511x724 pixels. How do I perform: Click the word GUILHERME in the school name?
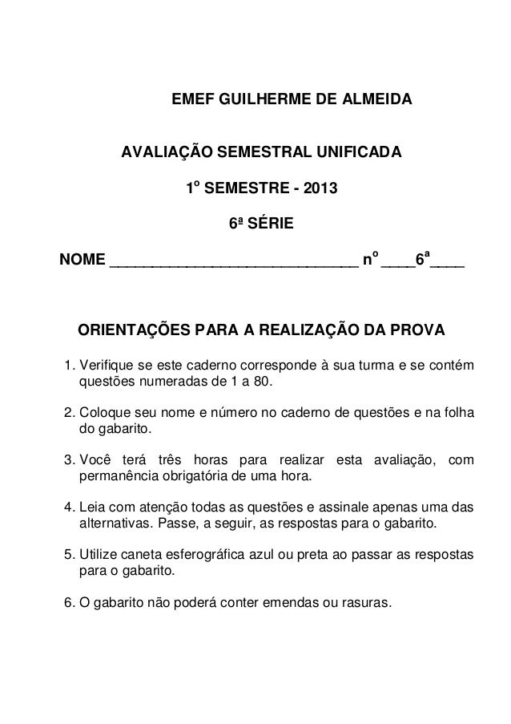point(260,102)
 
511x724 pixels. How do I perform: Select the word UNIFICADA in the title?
point(359,152)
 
